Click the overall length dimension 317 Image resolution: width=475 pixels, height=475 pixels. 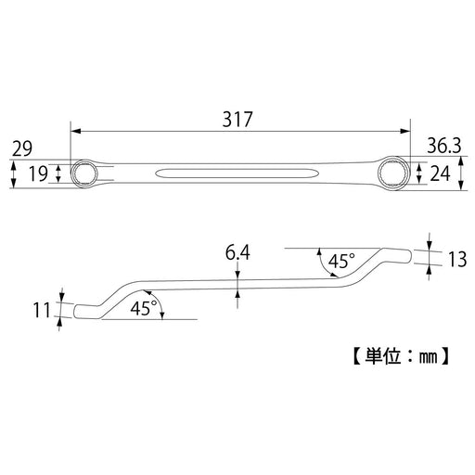coord(238,120)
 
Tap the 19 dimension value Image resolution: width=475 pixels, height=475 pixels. coord(39,173)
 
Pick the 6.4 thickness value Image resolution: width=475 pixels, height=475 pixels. coord(238,250)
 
